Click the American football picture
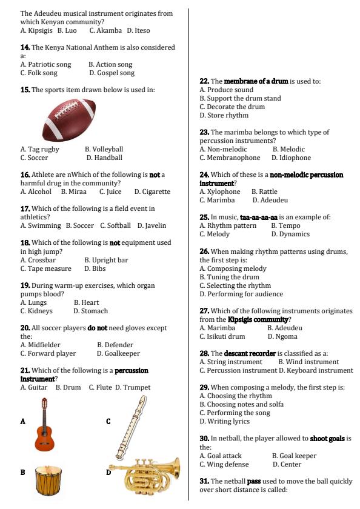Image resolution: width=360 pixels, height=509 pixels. click(x=69, y=120)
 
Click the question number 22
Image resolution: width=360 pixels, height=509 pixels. click(x=204, y=81)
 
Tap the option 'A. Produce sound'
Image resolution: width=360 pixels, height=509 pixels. click(x=226, y=90)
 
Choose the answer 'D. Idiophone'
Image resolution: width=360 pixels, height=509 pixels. click(x=291, y=158)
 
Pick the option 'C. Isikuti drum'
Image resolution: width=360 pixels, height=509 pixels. click(x=222, y=336)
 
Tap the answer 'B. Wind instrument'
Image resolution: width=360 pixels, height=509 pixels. click(x=308, y=362)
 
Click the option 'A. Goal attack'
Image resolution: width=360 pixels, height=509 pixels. click(x=221, y=456)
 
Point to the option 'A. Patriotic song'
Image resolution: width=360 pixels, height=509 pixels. click(x=45, y=64)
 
